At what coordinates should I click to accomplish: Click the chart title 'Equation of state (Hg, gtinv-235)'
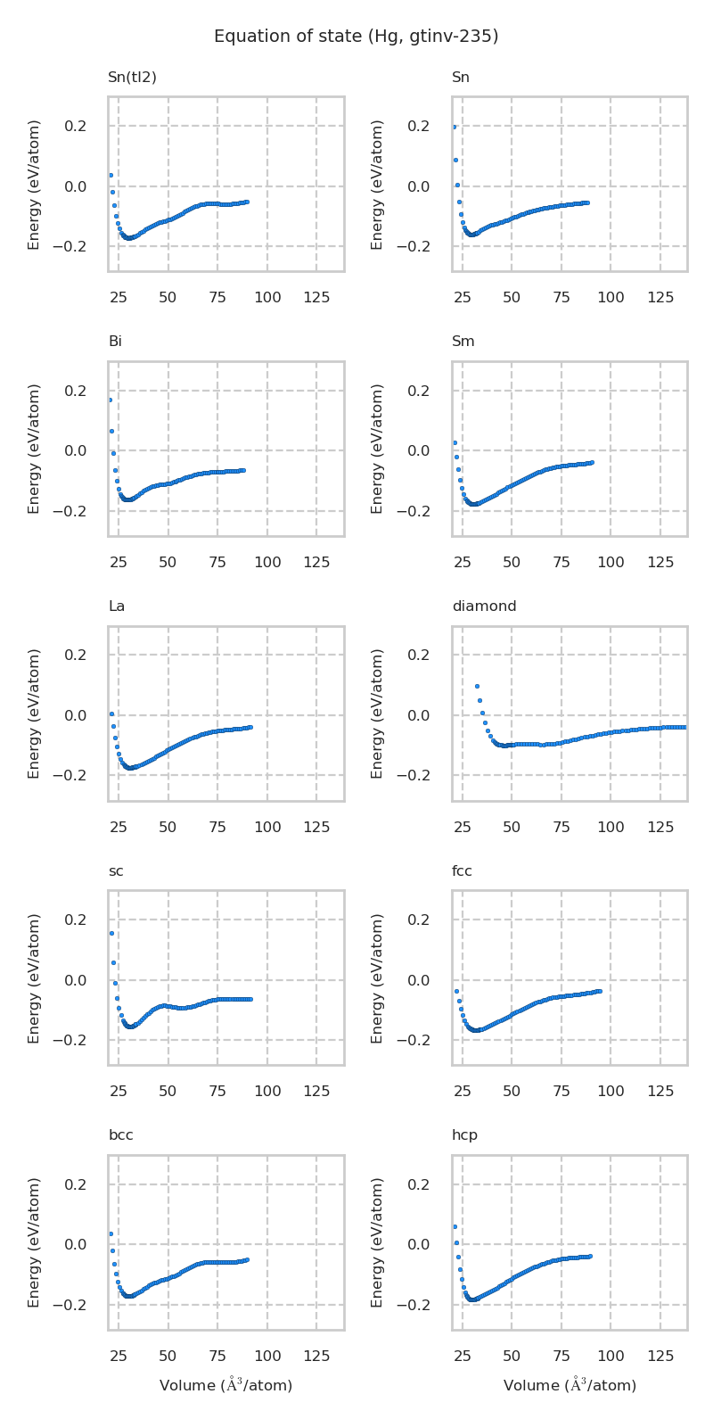[x=356, y=37]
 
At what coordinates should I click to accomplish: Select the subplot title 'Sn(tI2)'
[x=132, y=78]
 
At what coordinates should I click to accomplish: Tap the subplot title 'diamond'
[x=484, y=606]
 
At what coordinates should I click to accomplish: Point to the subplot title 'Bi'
[x=115, y=342]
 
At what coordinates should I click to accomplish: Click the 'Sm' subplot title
[x=463, y=342]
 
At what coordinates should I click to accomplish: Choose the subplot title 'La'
[x=116, y=606]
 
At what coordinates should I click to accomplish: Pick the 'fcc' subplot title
[x=462, y=870]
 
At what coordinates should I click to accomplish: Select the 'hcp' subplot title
[x=464, y=1135]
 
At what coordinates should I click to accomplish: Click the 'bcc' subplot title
[x=120, y=1135]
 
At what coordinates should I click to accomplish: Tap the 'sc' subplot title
[x=116, y=870]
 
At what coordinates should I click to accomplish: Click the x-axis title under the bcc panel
[x=225, y=1385]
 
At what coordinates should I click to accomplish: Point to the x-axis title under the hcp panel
[x=570, y=1385]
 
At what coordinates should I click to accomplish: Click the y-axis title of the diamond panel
[x=378, y=713]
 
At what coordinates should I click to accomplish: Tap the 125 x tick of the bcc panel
[x=317, y=1357]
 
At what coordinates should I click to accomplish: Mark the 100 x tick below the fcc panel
[x=611, y=1092]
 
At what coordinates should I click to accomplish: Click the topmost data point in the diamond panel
[x=477, y=686]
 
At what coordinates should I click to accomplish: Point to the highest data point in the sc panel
[x=111, y=933]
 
